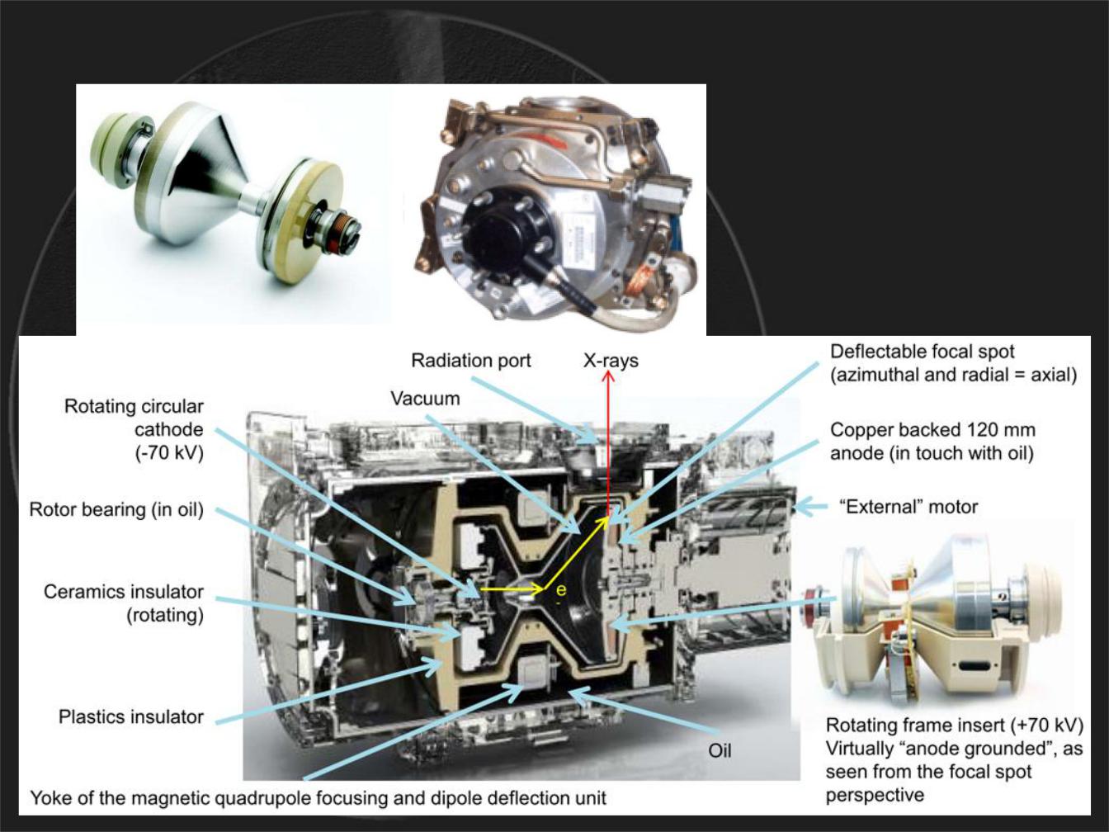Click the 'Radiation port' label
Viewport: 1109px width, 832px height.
click(471, 362)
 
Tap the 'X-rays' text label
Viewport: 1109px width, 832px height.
click(611, 361)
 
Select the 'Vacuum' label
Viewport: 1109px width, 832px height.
click(426, 399)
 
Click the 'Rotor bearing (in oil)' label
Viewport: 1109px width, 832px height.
click(116, 510)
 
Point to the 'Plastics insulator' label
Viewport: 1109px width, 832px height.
click(131, 716)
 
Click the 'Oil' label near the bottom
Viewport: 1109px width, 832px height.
click(720, 751)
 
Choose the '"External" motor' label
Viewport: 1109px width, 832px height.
click(908, 507)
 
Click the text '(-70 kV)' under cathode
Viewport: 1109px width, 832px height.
click(169, 453)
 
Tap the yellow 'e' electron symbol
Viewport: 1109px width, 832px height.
click(560, 589)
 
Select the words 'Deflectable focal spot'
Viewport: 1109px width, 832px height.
click(923, 352)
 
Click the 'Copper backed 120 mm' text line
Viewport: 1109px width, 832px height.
click(932, 430)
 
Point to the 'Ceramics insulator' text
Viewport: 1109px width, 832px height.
click(124, 592)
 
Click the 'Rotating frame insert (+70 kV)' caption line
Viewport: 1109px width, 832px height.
click(955, 726)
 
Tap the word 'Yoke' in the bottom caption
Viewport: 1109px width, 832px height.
click(50, 798)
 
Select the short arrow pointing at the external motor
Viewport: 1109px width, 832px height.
click(811, 507)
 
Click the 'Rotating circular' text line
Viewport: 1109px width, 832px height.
click(134, 407)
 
